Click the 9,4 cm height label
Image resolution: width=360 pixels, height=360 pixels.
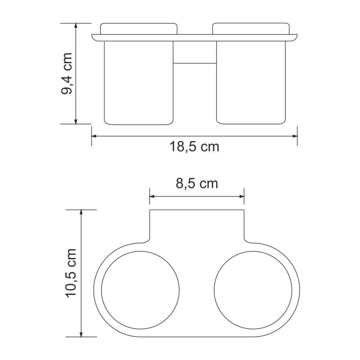click(x=66, y=74)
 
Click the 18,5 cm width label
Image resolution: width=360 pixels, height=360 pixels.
click(x=194, y=147)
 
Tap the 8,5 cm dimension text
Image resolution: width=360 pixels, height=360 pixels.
click(x=197, y=184)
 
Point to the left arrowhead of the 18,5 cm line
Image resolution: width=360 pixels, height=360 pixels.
click(x=94, y=136)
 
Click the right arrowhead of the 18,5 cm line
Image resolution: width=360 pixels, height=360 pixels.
click(x=295, y=136)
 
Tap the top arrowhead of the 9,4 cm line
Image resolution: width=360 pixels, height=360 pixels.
click(x=76, y=26)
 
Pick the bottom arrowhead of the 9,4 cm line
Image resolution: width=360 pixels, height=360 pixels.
click(x=76, y=122)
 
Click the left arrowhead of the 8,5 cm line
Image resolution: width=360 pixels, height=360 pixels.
click(x=152, y=196)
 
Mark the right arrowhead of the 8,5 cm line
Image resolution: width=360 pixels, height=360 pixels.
click(x=241, y=196)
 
